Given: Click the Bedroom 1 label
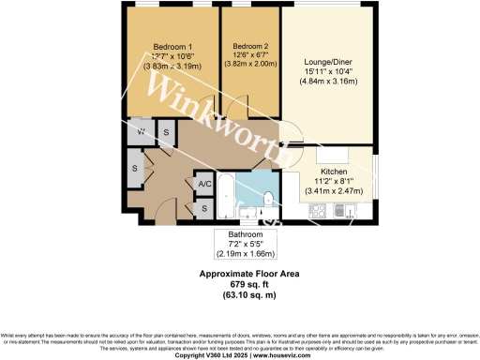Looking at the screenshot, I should click(x=172, y=47).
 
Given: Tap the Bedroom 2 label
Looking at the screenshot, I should click(x=250, y=46).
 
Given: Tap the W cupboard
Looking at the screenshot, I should click(x=140, y=132).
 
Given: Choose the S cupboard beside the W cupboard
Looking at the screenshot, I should click(x=166, y=132).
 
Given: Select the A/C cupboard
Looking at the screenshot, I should click(x=204, y=184).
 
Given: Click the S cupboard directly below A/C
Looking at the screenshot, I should click(x=204, y=207).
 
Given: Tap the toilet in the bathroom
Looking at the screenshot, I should click(x=269, y=198).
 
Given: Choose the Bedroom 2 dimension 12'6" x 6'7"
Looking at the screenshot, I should click(x=250, y=56).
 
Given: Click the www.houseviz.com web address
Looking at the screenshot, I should click(x=286, y=355).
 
